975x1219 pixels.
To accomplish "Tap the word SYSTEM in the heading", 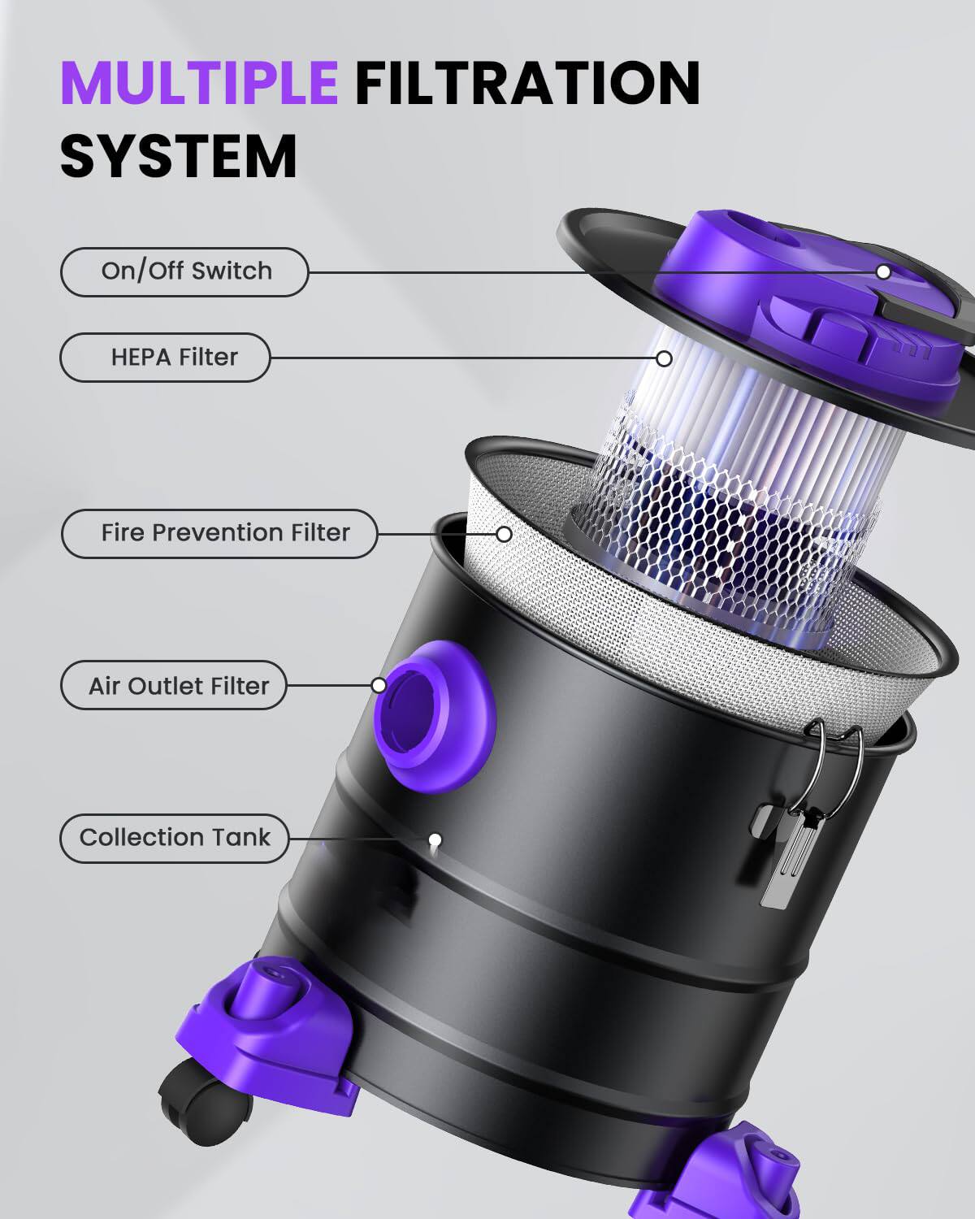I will [179, 156].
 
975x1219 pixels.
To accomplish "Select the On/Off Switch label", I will [185, 271].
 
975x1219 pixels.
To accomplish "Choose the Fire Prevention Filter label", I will [220, 533].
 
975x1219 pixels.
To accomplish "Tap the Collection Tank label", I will [175, 837].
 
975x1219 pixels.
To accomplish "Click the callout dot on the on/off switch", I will [883, 271].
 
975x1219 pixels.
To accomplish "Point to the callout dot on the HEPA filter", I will [665, 358].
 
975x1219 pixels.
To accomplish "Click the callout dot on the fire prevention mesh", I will [505, 534].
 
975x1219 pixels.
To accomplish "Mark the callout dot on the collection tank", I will [435, 839].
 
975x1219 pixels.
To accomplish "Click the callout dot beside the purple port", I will [379, 685].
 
